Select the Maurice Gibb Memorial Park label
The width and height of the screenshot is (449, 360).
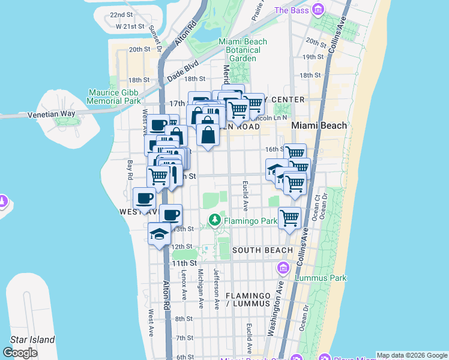click(113, 97)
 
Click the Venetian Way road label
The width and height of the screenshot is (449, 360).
click(52, 113)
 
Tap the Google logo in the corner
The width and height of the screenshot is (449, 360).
click(20, 353)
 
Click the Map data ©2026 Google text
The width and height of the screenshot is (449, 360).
click(412, 355)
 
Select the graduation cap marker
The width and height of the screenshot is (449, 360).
click(159, 234)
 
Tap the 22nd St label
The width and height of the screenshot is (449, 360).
click(121, 14)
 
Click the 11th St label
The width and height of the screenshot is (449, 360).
click(184, 263)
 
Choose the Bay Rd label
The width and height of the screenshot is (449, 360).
click(128, 170)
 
